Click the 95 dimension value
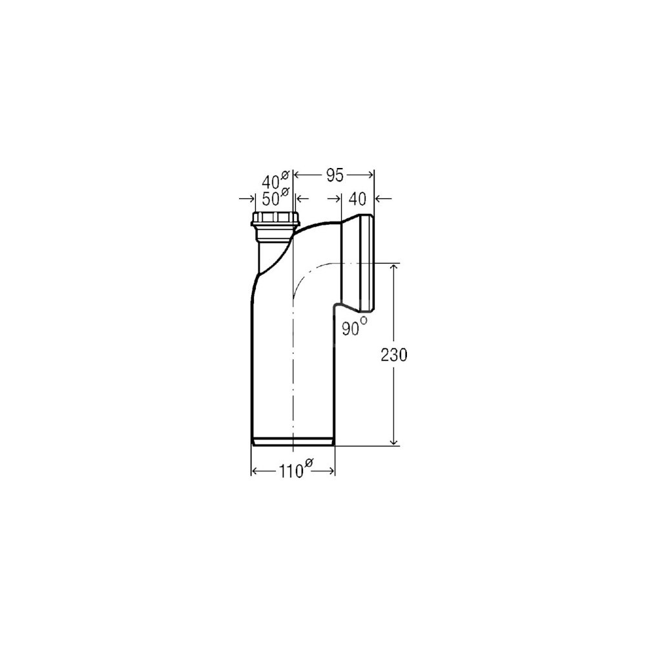(335, 176)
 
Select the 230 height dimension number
(394, 355)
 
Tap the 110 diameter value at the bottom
(291, 472)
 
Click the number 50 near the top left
(271, 200)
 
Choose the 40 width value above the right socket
(357, 200)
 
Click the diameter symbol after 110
(309, 463)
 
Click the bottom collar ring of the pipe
(293, 441)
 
